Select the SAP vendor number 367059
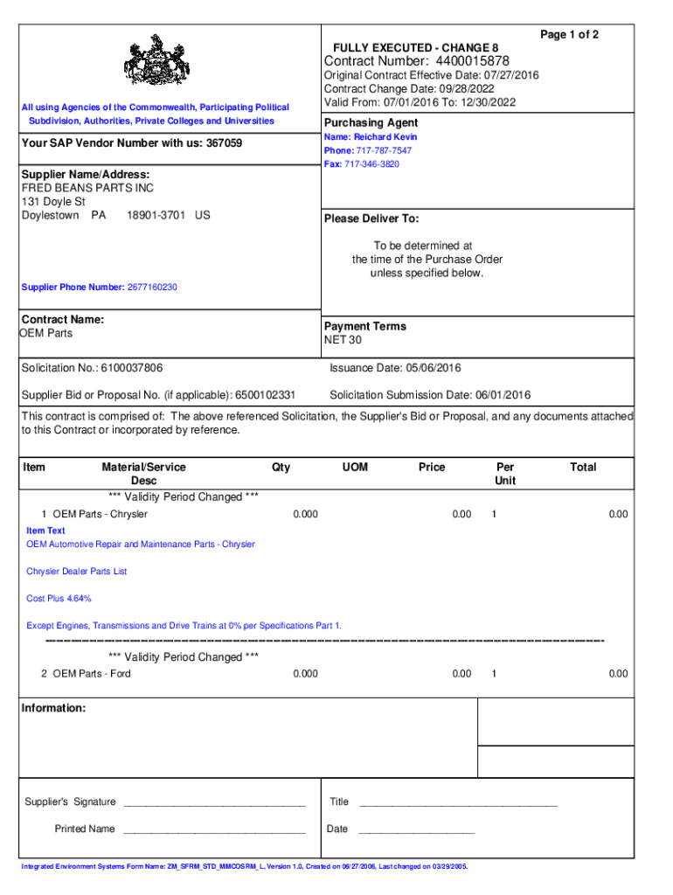tap(224, 143)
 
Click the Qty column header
tap(281, 468)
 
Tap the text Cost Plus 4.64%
tap(59, 599)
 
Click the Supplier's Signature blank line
tap(214, 802)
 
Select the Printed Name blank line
tap(214, 829)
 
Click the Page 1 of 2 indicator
tap(569, 34)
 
